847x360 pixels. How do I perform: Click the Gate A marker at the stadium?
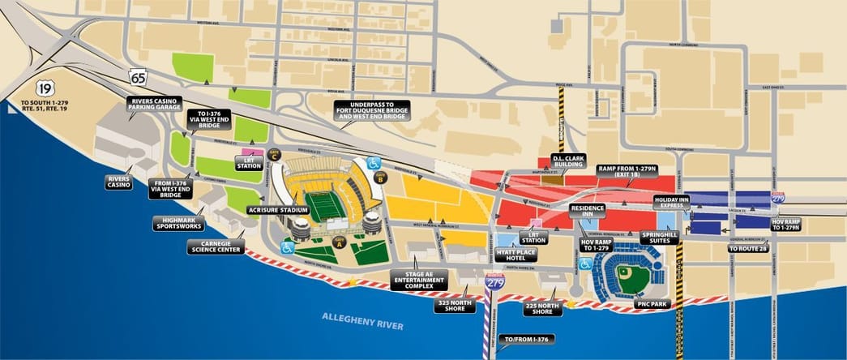point(340,241)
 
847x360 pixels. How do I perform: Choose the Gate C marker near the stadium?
point(274,153)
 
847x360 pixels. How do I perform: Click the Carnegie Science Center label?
point(213,246)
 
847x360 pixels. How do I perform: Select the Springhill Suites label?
point(659,237)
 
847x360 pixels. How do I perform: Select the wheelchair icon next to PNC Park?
point(585,264)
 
